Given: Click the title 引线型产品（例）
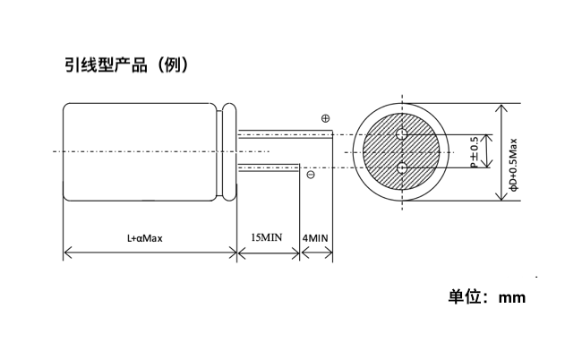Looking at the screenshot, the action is coord(127,65).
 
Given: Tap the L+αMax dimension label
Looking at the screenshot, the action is coord(145,238).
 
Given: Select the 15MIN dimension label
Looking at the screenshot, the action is coord(267,237).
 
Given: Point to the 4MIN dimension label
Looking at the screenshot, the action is coord(315,238).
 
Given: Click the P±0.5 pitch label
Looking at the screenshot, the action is coord(475,151).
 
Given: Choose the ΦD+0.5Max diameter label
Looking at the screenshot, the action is coord(513,165).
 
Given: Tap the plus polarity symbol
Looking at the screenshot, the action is coord(325,118).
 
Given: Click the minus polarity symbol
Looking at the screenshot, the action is coord(311,175).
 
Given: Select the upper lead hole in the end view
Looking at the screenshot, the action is coord(402,134).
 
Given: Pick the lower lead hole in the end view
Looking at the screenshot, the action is coord(402,168).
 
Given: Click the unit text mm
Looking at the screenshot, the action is coord(512,298).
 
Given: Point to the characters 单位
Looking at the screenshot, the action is coord(465,297).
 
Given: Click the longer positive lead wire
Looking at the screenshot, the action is coord(285,134).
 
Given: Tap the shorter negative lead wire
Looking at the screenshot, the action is coord(268,167).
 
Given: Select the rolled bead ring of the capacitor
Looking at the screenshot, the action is coord(230,152).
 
